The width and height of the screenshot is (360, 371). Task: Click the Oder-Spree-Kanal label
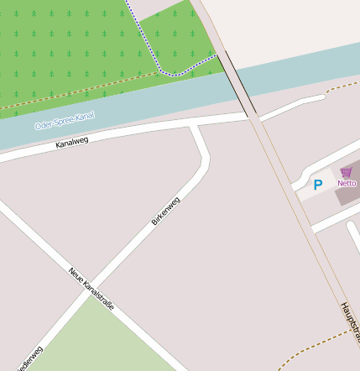click(x=64, y=121)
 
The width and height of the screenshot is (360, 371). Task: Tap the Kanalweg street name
click(x=71, y=144)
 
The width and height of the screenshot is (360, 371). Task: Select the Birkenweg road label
click(x=165, y=211)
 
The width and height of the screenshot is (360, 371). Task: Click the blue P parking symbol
click(x=317, y=185)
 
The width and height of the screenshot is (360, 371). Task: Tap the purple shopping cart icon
click(x=346, y=171)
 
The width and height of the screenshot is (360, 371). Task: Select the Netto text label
click(x=347, y=182)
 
